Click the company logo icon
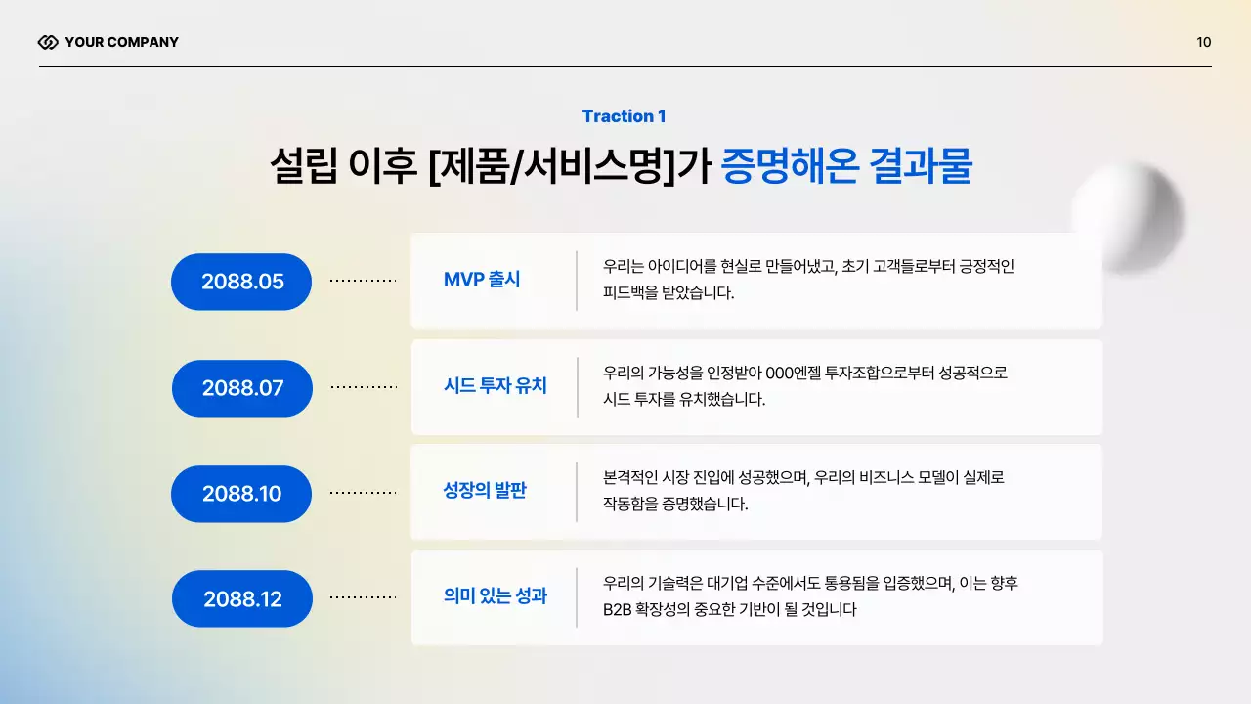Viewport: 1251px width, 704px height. click(x=48, y=42)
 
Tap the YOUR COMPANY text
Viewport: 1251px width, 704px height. click(x=121, y=42)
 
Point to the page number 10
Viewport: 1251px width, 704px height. click(x=1203, y=42)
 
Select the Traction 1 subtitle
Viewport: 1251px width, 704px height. click(x=624, y=116)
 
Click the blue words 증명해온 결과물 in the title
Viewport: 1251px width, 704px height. click(x=846, y=167)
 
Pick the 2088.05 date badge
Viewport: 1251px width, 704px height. click(x=241, y=282)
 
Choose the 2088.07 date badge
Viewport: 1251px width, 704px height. click(x=242, y=388)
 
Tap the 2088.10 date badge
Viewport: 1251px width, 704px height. click(x=241, y=494)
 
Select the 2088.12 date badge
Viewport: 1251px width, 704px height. click(x=242, y=599)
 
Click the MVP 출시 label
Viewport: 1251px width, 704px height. click(x=482, y=280)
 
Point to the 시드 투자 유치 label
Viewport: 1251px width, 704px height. click(x=495, y=386)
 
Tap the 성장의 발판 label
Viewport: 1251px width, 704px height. click(x=485, y=491)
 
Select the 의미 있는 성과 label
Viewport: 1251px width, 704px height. click(x=495, y=595)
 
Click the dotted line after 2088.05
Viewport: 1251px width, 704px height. click(x=363, y=281)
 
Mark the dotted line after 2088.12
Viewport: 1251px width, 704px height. click(x=363, y=596)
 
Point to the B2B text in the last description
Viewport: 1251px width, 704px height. click(x=619, y=610)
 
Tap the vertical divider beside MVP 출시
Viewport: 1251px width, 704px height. click(x=577, y=281)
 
